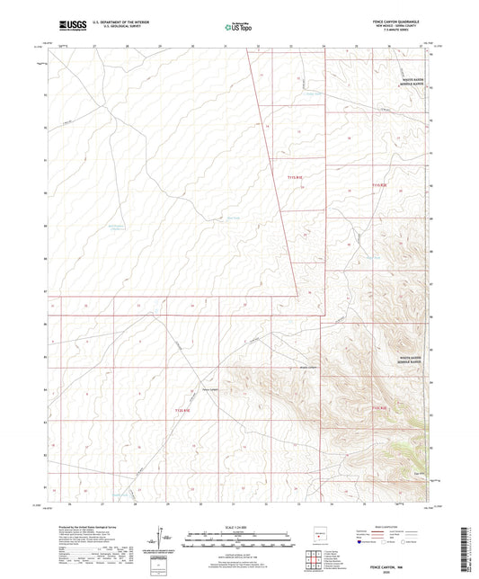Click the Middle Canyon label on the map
click(308, 368)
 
